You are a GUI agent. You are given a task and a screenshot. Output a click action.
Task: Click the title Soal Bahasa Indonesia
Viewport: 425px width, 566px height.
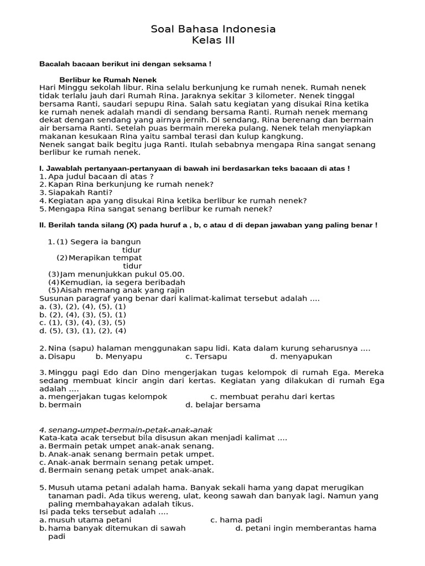[213, 29]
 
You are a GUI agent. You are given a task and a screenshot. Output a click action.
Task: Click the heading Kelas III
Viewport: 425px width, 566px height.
[213, 41]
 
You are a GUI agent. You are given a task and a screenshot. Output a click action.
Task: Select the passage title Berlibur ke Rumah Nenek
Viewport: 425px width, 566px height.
[108, 80]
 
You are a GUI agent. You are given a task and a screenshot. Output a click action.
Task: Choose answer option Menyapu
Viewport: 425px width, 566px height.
[120, 357]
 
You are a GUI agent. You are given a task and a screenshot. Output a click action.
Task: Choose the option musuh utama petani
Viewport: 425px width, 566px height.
[90, 520]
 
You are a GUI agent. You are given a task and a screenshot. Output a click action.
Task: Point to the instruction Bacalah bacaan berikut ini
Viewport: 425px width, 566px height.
[125, 64]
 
